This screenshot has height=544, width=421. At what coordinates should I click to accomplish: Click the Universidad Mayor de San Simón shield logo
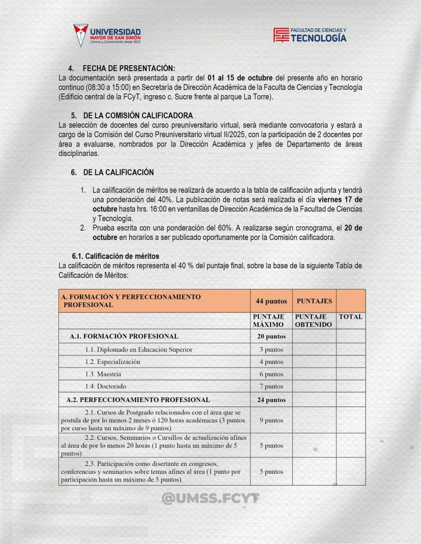pos(81,35)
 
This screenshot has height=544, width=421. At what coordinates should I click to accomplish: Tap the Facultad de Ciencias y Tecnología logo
pos(309,35)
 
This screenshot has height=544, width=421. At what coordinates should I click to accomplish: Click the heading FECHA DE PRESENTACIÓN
pos(129,69)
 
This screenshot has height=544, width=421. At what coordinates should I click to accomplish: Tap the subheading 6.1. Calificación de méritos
pos(115,256)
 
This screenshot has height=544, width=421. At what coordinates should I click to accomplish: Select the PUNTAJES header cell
pos(314,301)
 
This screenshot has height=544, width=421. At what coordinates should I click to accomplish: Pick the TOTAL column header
pos(351,317)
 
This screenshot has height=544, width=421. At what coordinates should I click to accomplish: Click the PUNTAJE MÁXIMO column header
pos(271,320)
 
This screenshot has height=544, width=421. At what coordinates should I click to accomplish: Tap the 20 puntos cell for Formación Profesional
pos(271,336)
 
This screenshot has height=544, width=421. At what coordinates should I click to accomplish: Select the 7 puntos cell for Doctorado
pos(271,386)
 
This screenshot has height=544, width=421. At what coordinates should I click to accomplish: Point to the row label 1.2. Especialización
pos(113,362)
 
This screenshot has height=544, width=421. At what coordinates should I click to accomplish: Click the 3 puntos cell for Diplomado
pos(271,350)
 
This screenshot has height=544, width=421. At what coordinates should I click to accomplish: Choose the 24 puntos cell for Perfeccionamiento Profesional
pos(271,399)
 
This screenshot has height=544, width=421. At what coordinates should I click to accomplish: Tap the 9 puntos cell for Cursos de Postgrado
pos(271,420)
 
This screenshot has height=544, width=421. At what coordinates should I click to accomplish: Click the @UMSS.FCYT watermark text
pos(210,498)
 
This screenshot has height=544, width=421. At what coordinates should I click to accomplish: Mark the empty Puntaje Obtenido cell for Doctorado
pos(314,386)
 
